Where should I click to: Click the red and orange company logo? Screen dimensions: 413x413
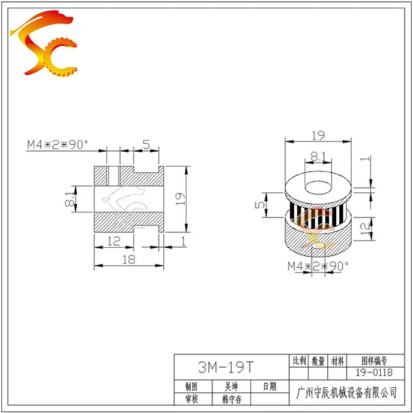click(x=44, y=43)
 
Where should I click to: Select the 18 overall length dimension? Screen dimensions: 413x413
click(x=129, y=259)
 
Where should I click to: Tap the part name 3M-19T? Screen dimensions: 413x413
click(x=226, y=367)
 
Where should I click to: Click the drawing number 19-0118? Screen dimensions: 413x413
click(x=374, y=372)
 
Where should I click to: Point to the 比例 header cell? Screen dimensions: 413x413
click(x=299, y=360)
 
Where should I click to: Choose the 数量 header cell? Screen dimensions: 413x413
click(x=318, y=361)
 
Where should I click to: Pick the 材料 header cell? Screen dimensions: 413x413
click(x=337, y=361)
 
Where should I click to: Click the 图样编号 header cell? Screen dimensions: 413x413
click(x=374, y=361)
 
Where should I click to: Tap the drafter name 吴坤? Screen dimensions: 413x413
click(x=231, y=387)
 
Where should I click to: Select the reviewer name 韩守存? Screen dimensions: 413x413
click(x=232, y=399)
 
